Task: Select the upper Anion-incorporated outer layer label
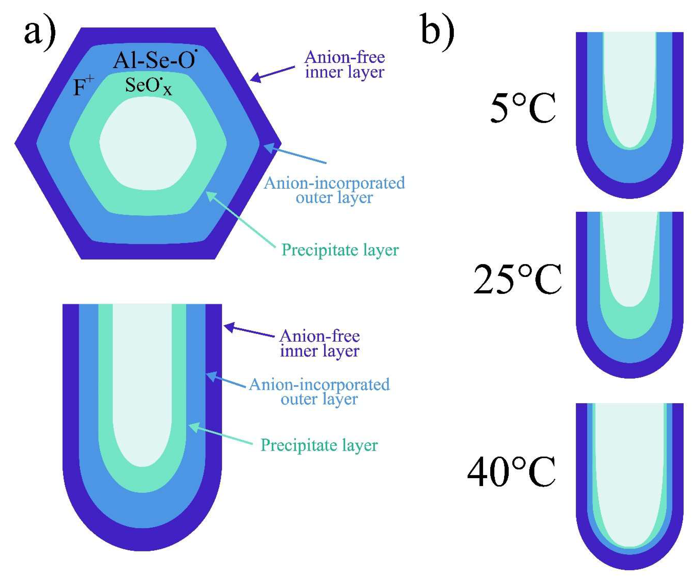pyautogui.click(x=334, y=190)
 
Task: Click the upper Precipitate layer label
pyautogui.click(x=340, y=250)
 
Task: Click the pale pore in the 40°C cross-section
pyautogui.click(x=630, y=474)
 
